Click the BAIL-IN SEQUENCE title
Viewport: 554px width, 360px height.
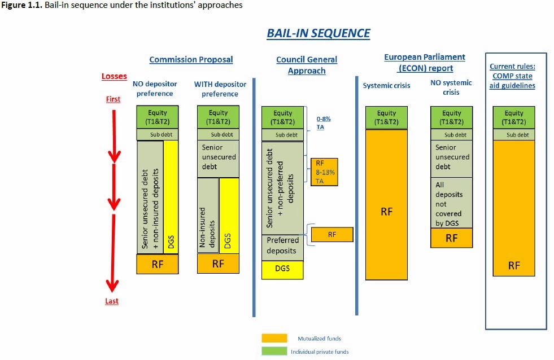click(x=318, y=33)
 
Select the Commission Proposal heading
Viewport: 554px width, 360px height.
click(x=191, y=59)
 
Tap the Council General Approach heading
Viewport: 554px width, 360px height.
click(x=307, y=65)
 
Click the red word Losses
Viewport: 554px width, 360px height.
click(x=114, y=76)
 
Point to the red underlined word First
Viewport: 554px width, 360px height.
click(x=113, y=99)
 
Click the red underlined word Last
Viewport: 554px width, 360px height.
click(x=112, y=301)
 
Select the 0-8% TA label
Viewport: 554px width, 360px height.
click(x=324, y=124)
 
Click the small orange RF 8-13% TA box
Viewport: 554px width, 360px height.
click(x=324, y=172)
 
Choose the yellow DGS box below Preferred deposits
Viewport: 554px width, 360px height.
click(x=282, y=269)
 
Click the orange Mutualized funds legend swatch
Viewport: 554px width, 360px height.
click(x=274, y=339)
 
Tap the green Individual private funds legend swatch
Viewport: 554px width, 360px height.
click(x=274, y=352)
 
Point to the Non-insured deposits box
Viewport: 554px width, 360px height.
click(x=207, y=216)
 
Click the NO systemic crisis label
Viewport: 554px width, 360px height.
click(x=451, y=87)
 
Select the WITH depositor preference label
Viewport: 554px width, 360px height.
click(x=220, y=89)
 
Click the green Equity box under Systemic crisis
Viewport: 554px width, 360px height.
click(x=386, y=117)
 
